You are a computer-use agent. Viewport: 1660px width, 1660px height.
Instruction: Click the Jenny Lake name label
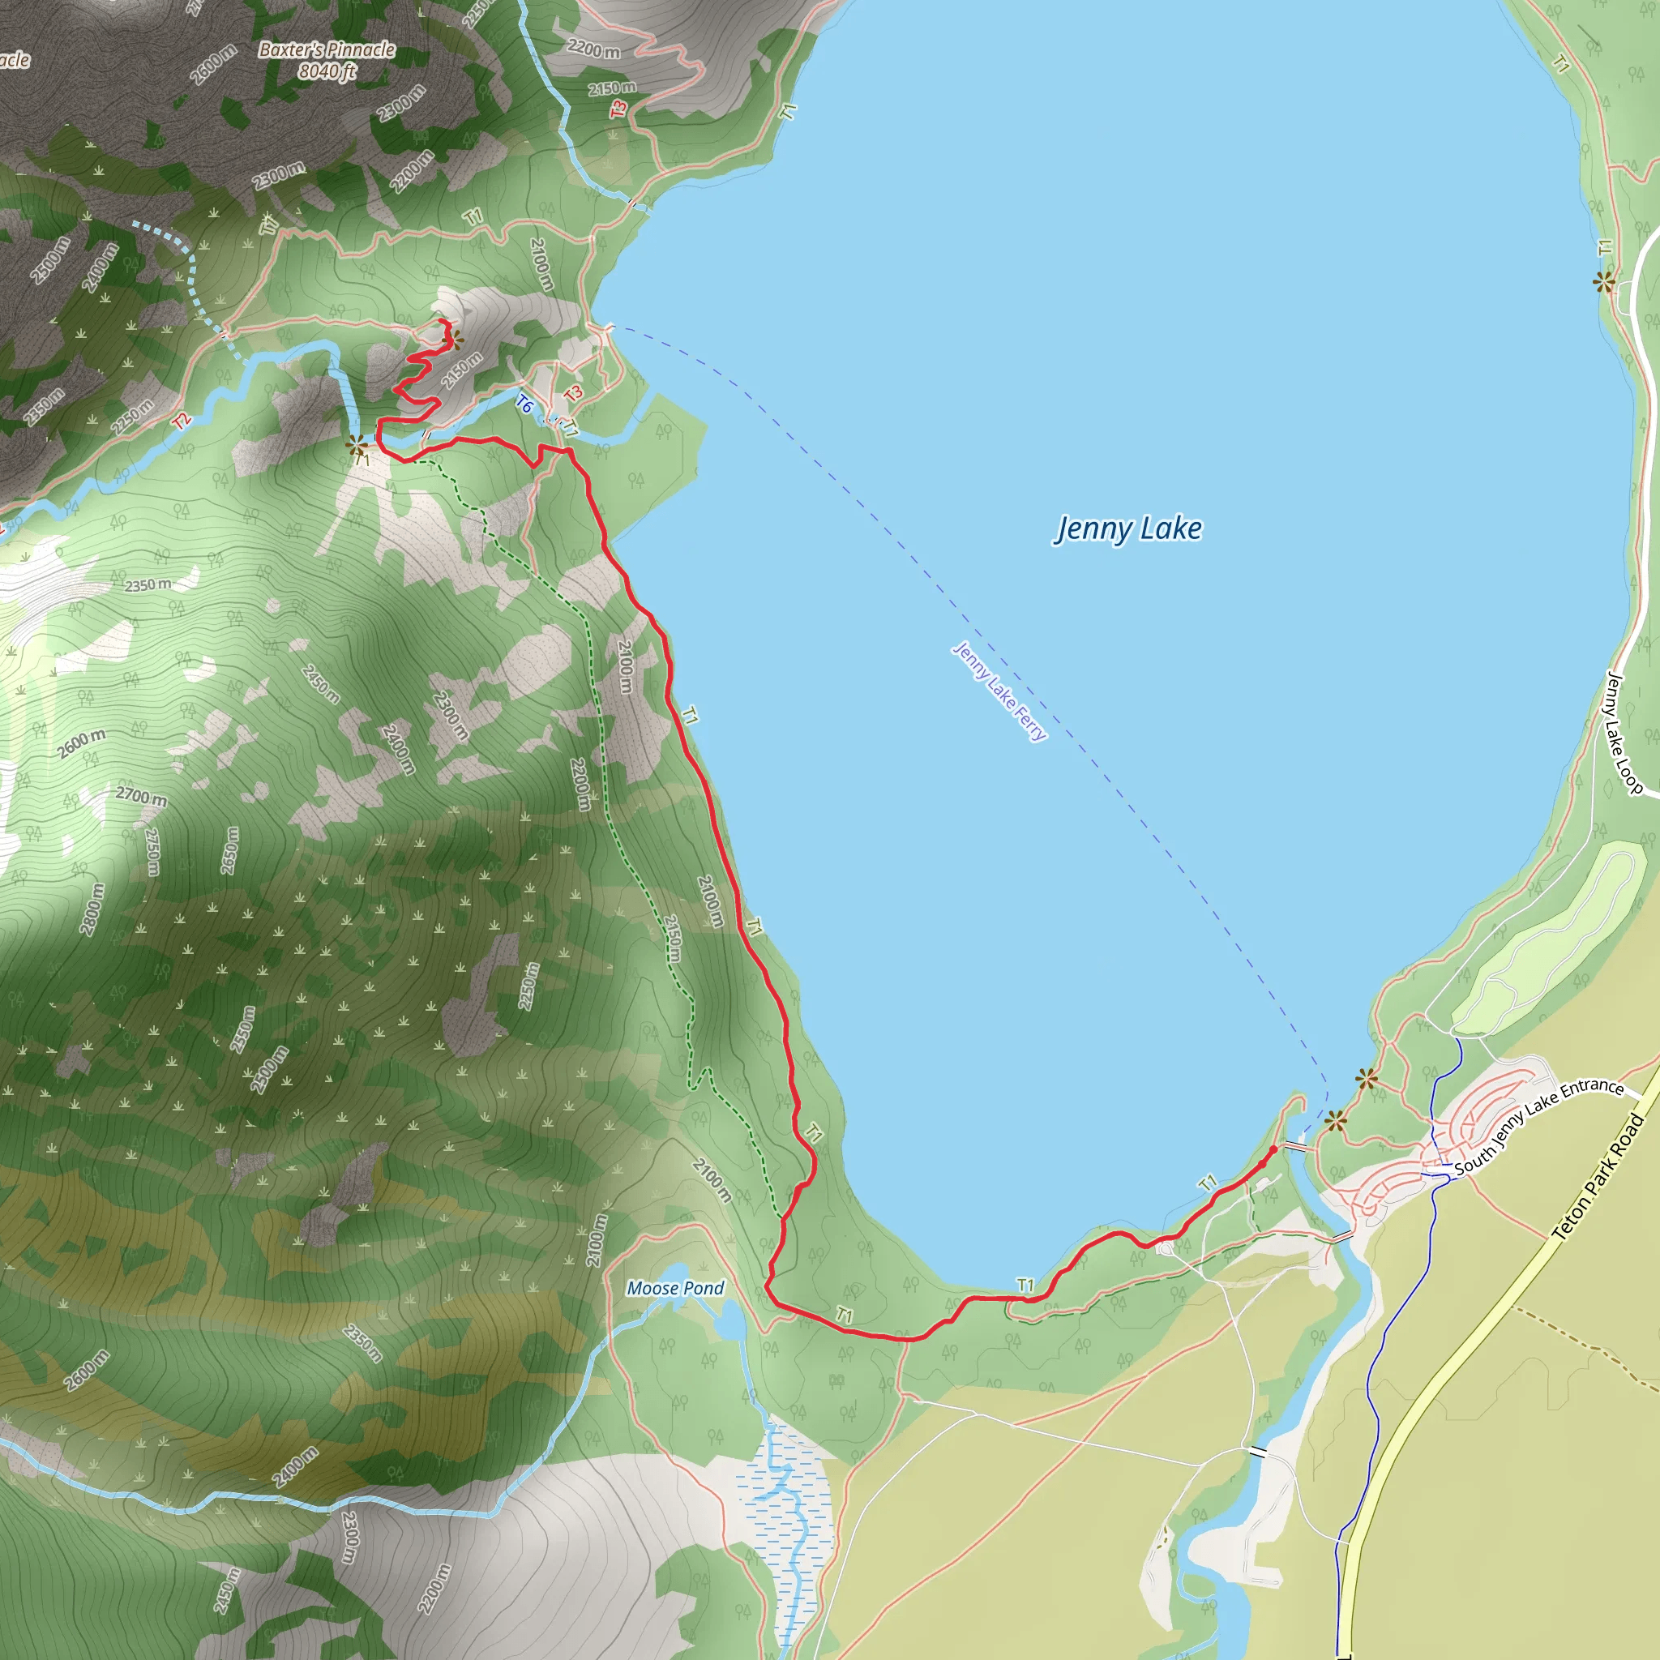[x=1128, y=528]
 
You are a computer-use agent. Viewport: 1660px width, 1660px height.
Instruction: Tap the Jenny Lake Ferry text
[x=999, y=691]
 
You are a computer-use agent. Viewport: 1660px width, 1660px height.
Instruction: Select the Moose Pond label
[x=674, y=1288]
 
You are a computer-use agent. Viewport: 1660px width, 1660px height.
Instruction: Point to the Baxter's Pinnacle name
[x=327, y=49]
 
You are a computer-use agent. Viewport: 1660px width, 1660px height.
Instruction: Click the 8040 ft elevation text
[x=327, y=71]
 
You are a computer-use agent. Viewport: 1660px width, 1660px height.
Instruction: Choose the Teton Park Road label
[x=1598, y=1177]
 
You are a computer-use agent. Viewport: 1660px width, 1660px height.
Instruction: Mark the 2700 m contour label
[x=141, y=797]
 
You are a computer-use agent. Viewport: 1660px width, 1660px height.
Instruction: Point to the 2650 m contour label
[x=229, y=850]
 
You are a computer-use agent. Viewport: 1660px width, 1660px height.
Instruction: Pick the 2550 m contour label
[x=243, y=1029]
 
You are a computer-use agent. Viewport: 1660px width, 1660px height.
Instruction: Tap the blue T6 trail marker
[x=524, y=402]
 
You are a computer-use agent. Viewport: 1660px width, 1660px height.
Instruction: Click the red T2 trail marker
[x=182, y=421]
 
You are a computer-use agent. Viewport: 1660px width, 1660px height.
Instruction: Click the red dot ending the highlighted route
[x=1273, y=1149]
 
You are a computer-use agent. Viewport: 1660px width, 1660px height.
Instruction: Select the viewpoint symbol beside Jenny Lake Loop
[x=1603, y=281]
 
